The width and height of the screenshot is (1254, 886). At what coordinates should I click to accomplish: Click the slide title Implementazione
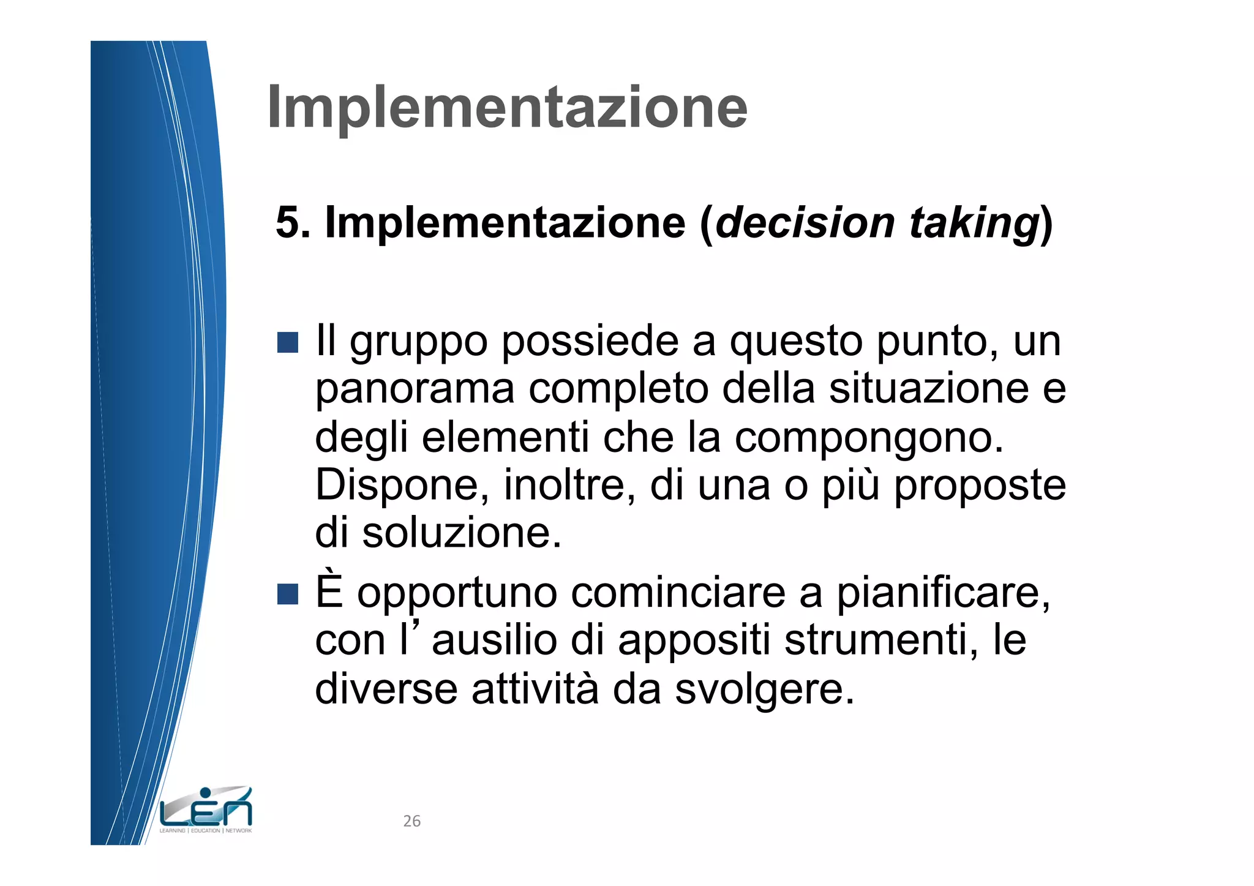(507, 108)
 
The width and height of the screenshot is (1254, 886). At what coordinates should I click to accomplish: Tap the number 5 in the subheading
(288, 222)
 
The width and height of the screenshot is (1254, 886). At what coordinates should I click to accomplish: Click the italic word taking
(974, 223)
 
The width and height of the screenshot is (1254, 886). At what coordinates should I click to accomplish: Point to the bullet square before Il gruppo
(287, 342)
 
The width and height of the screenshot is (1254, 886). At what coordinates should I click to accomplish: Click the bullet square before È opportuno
(287, 593)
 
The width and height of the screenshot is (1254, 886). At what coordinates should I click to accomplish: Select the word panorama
(415, 390)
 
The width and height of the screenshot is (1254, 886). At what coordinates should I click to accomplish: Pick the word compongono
(869, 438)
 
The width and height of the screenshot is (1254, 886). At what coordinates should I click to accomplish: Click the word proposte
(980, 487)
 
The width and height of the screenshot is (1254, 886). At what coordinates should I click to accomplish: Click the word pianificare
(943, 594)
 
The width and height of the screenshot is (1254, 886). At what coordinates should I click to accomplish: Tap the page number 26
(411, 821)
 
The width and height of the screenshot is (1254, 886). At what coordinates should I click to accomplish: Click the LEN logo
(206, 810)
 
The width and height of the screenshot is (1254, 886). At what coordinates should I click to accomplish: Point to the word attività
(535, 689)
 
